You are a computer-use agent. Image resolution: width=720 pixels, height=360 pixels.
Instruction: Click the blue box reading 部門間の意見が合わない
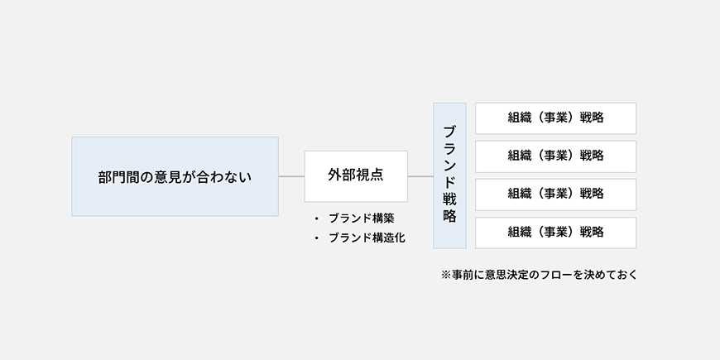(x=175, y=176)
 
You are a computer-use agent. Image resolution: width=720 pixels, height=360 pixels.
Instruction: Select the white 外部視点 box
(x=356, y=176)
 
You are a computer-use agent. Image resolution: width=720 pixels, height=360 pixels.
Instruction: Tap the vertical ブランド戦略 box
(x=449, y=176)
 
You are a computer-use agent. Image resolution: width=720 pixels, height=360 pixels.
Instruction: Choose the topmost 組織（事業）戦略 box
(x=555, y=118)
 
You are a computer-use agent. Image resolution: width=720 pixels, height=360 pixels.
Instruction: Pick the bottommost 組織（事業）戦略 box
(x=555, y=233)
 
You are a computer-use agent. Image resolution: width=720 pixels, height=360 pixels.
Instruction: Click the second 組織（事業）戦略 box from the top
(x=555, y=156)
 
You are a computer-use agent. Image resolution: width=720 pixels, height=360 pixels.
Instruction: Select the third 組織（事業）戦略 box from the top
(x=555, y=194)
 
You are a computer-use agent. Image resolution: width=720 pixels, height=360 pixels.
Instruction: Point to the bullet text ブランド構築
(x=362, y=218)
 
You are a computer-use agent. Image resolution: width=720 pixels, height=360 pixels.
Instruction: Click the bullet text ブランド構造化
(x=367, y=238)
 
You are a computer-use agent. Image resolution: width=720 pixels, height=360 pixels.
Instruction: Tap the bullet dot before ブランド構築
(x=316, y=219)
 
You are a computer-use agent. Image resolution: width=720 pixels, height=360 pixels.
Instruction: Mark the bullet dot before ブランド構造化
(x=316, y=238)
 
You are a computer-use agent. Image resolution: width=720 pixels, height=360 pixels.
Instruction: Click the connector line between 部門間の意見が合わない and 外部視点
(x=291, y=176)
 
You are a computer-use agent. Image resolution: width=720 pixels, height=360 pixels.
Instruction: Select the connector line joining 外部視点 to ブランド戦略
(x=420, y=176)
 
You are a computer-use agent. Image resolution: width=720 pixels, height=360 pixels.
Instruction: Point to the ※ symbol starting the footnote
(x=446, y=275)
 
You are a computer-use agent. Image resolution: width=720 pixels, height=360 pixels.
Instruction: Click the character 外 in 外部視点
(x=334, y=175)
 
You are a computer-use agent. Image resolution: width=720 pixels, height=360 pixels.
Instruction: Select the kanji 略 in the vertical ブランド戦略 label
(x=449, y=216)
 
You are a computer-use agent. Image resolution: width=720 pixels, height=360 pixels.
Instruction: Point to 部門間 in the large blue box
(x=118, y=177)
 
